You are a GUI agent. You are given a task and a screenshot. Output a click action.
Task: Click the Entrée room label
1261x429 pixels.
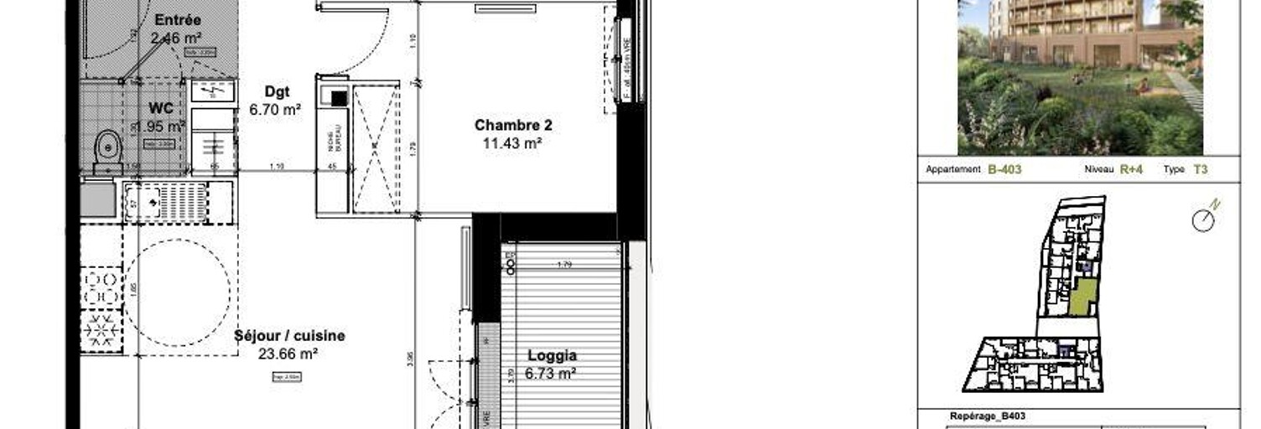click(177, 20)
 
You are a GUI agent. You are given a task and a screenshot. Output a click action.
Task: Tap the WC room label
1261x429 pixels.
click(161, 109)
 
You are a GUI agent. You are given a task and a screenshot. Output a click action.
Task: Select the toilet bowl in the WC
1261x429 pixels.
click(107, 149)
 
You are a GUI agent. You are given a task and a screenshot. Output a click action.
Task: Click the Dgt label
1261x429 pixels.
click(277, 92)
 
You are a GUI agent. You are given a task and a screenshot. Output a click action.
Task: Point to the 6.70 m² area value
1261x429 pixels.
click(275, 109)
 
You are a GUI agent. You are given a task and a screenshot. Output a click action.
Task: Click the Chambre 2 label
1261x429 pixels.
click(513, 125)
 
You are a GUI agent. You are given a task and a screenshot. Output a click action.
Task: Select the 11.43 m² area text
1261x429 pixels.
click(511, 143)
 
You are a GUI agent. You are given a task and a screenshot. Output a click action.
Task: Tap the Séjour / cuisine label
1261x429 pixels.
click(289, 336)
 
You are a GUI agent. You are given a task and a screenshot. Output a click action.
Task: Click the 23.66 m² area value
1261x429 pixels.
click(288, 354)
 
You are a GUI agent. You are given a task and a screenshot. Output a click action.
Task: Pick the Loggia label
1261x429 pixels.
click(551, 356)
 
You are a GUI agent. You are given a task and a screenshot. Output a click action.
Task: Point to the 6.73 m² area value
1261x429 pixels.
click(550, 374)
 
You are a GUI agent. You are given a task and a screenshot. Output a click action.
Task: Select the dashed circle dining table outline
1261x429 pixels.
click(178, 292)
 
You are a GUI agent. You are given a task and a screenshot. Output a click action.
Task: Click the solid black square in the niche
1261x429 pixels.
click(338, 98)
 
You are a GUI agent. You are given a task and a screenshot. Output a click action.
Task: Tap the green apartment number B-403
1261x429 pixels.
click(1004, 169)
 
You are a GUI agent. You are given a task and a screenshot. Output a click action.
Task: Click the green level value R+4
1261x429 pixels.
click(1131, 169)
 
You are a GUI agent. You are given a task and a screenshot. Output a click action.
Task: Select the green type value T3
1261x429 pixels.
click(1200, 169)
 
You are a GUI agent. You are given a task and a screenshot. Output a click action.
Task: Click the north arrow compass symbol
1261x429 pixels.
click(1205, 218)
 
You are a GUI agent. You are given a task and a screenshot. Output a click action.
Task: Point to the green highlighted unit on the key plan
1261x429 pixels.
click(1082, 297)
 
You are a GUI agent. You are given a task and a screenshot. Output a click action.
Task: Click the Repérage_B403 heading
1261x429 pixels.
click(987, 416)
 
